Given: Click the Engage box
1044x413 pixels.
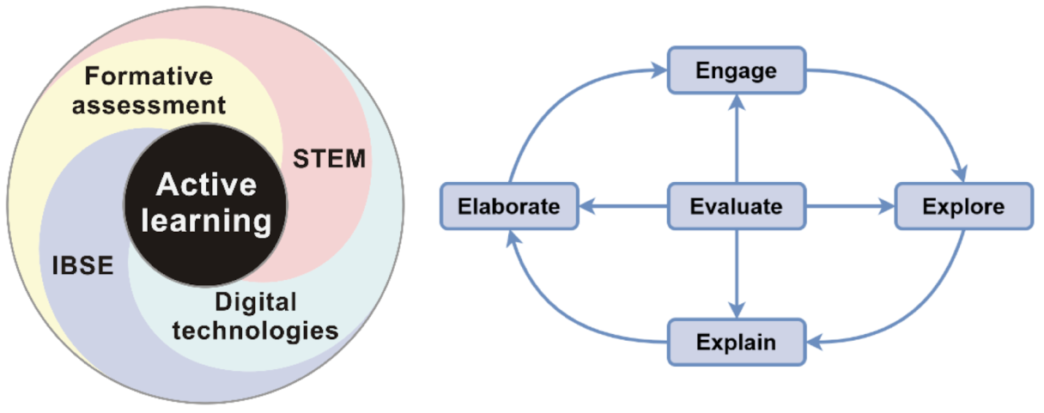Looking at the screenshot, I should [737, 70].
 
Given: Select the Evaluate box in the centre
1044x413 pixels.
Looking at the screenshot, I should [737, 206].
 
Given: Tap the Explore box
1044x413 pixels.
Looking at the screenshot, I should [963, 206].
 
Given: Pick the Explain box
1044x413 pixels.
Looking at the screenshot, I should [737, 343].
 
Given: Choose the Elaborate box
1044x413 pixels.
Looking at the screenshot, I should [509, 206].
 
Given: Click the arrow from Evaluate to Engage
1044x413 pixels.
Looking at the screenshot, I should [737, 137].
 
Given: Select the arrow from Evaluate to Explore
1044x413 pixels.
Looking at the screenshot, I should [850, 206].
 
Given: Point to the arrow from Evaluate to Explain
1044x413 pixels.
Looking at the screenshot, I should [737, 275].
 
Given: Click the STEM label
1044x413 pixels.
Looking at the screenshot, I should [330, 159].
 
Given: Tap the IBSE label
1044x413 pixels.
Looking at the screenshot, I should [81, 265].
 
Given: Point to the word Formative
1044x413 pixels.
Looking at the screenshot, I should [149, 77].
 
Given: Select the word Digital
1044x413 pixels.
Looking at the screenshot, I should [255, 301].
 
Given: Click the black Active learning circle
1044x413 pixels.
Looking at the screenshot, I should [206, 203].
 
